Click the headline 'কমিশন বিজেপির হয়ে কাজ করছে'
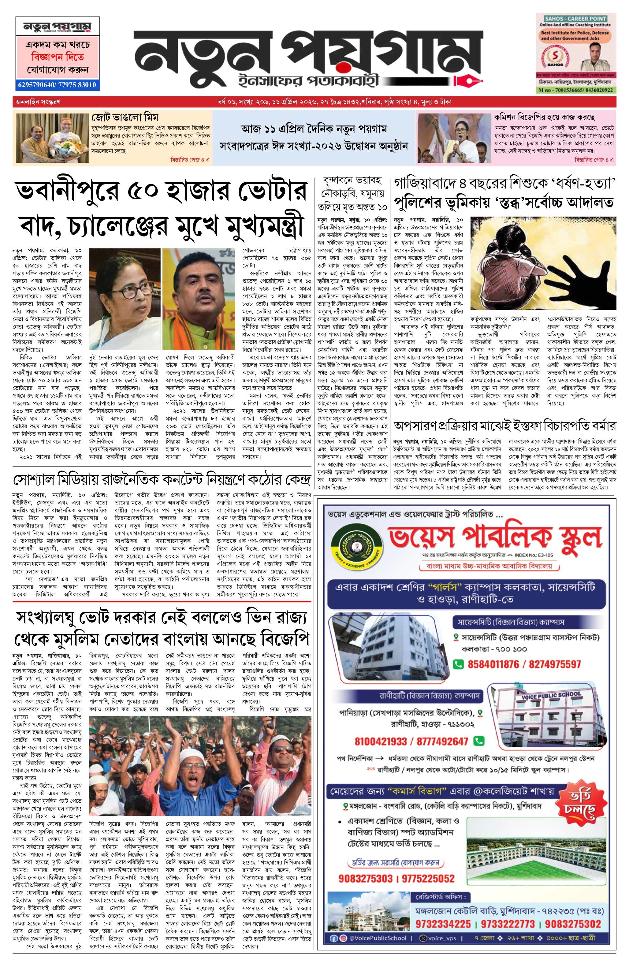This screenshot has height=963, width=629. pyautogui.click(x=544, y=118)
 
